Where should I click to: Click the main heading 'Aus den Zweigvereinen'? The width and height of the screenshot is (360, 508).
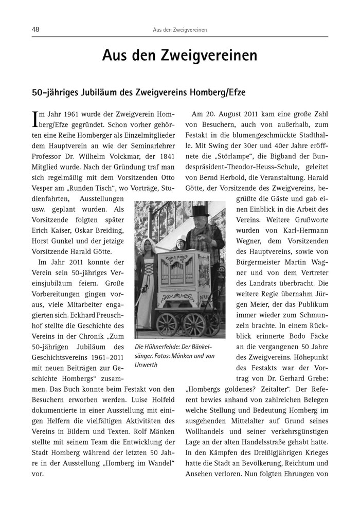click(x=179, y=55)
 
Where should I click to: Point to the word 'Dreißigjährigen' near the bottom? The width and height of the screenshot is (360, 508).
click(x=266, y=463)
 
